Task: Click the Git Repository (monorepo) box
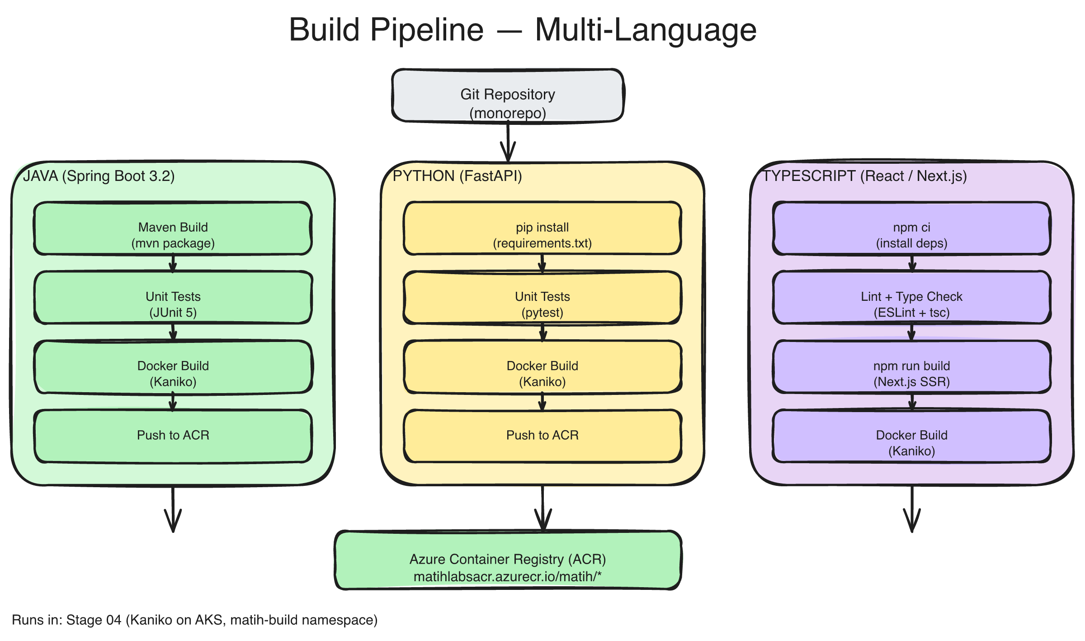(x=508, y=95)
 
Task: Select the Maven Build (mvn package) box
(x=173, y=228)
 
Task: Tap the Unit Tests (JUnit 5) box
(x=173, y=298)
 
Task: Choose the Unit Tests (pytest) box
(x=542, y=298)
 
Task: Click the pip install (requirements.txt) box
(x=542, y=228)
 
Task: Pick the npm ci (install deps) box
(x=911, y=228)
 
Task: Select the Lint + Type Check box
(x=911, y=298)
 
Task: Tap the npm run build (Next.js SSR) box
(x=911, y=367)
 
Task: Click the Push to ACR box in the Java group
(x=173, y=436)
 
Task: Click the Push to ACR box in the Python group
(x=542, y=436)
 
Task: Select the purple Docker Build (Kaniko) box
(x=911, y=437)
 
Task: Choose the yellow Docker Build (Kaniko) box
(x=542, y=367)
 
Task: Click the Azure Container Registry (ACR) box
(x=508, y=560)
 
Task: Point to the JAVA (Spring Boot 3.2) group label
(x=99, y=176)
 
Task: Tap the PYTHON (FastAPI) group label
(x=457, y=176)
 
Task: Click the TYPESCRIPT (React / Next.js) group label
(x=864, y=176)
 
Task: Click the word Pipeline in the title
(x=426, y=30)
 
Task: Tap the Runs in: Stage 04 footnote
(x=194, y=620)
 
